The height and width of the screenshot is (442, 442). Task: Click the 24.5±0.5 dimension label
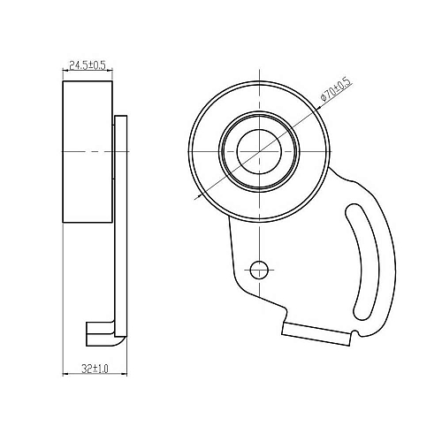(x=88, y=65)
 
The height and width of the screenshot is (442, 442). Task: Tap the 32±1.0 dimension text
(x=95, y=369)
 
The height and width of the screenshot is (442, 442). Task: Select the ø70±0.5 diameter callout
(x=337, y=90)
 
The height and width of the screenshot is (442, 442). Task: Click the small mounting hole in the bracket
(x=259, y=270)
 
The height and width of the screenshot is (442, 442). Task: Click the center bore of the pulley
(x=259, y=151)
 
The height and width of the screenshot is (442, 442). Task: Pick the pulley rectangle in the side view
(x=88, y=151)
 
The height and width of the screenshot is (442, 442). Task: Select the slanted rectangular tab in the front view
(x=316, y=334)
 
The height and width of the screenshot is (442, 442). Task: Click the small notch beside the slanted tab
(x=355, y=333)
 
